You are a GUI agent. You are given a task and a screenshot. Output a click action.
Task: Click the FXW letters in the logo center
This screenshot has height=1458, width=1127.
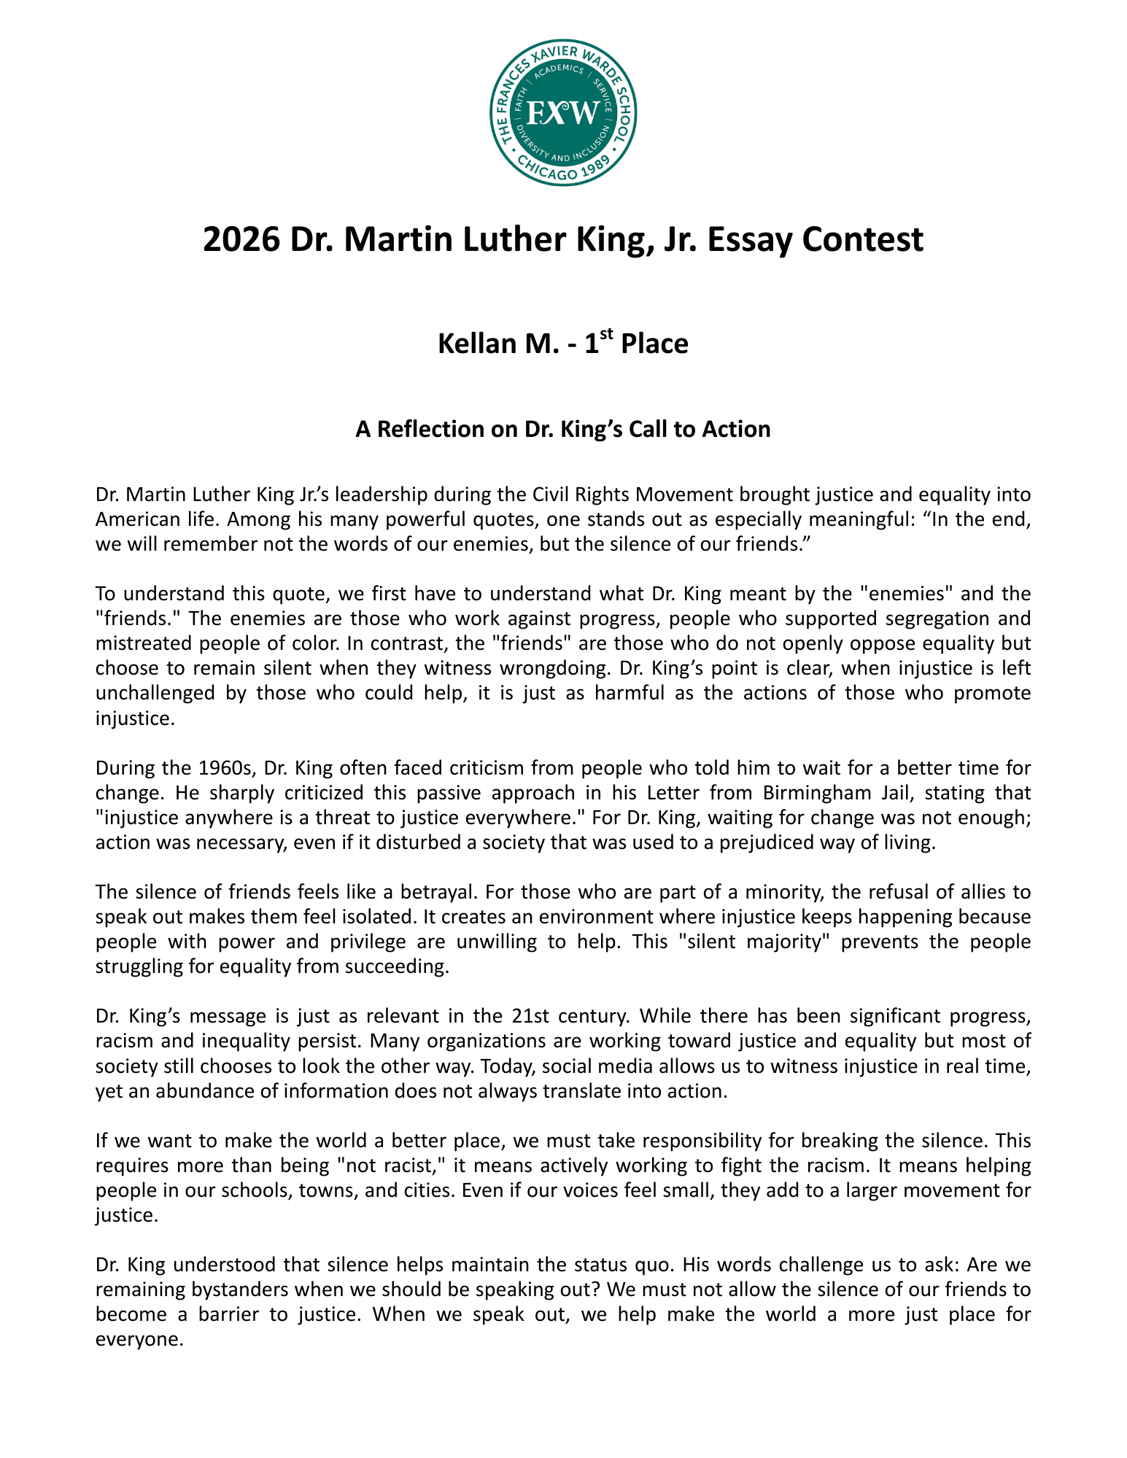[562, 113]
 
